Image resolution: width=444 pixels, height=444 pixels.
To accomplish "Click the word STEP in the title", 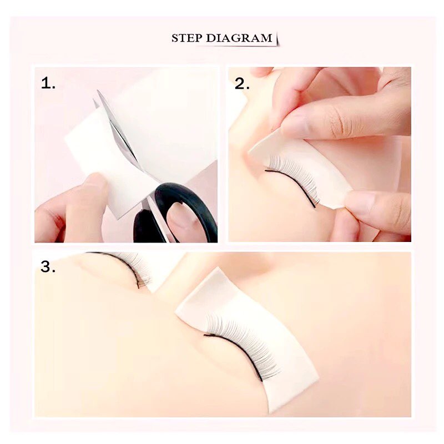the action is (x=187, y=38).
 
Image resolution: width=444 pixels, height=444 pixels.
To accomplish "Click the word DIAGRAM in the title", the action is (x=239, y=38).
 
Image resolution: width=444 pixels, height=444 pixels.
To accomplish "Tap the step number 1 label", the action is (x=48, y=83).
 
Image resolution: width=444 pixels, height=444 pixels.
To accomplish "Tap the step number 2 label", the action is (x=242, y=84).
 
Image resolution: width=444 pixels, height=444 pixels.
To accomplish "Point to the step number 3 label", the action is (x=48, y=266).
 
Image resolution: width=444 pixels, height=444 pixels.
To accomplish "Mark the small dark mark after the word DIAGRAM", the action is (x=276, y=39).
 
